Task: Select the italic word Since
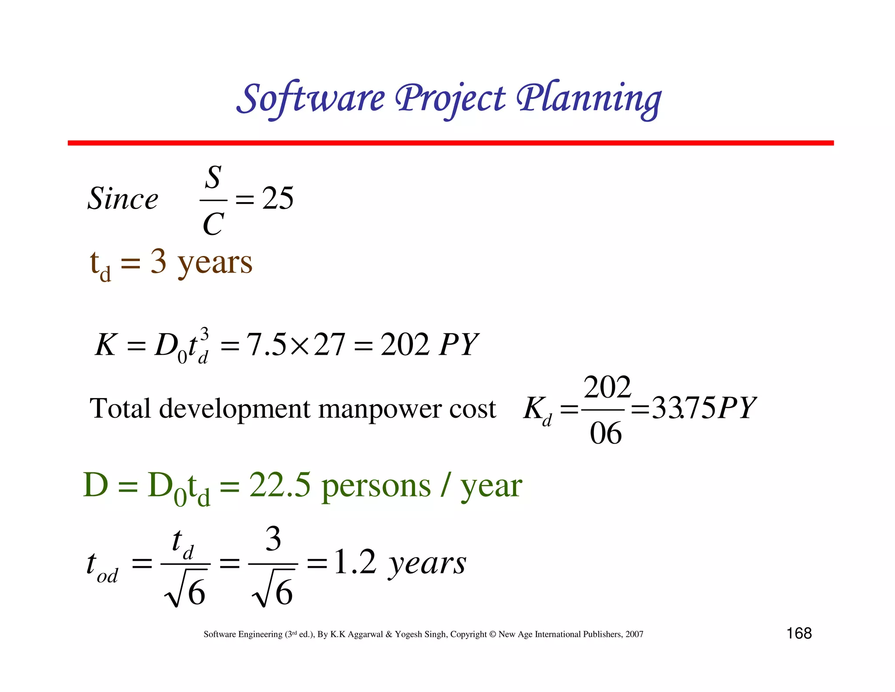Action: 123,199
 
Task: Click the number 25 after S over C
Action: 278,198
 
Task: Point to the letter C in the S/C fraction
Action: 213,224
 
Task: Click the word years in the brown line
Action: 215,263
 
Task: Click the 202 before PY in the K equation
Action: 405,344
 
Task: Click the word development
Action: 235,409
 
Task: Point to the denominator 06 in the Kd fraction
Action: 606,433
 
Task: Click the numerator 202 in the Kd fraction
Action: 607,388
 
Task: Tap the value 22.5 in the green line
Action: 280,485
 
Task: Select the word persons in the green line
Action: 376,486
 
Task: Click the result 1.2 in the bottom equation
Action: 355,562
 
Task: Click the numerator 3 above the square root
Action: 274,539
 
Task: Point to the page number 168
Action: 799,633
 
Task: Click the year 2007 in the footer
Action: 634,634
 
